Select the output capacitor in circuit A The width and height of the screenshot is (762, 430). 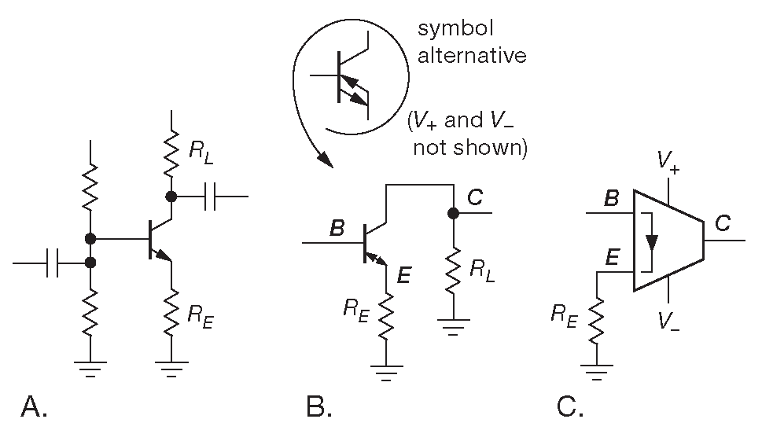(x=209, y=197)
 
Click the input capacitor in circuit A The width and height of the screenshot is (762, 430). (x=53, y=263)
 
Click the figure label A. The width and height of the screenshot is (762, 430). (x=35, y=406)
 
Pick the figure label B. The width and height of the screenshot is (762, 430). (x=319, y=406)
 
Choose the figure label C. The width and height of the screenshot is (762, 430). (x=570, y=406)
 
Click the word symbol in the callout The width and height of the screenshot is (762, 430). (x=455, y=31)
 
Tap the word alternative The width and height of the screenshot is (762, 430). (x=472, y=56)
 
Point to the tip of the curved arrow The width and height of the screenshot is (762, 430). (x=330, y=165)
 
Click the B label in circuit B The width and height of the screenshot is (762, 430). (x=337, y=229)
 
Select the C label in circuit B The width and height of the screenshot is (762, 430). (x=475, y=197)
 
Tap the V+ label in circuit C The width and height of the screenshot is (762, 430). (x=668, y=161)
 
